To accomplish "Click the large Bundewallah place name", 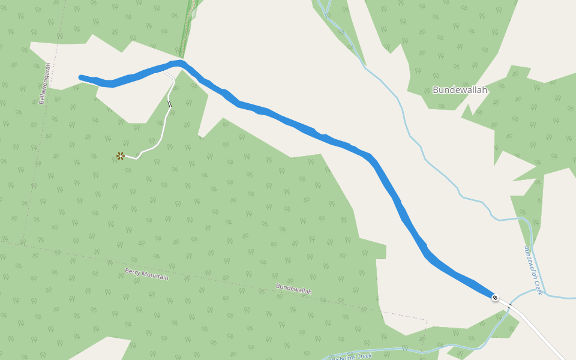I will click(x=460, y=90).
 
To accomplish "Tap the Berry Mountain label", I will click(x=147, y=275).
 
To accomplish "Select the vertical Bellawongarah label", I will click(x=43, y=84).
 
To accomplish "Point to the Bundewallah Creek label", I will click(x=533, y=270).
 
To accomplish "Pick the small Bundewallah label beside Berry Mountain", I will click(x=294, y=289).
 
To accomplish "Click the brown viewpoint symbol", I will click(x=121, y=156).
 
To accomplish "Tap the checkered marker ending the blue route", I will click(x=495, y=298).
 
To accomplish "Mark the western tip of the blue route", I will click(x=81, y=77).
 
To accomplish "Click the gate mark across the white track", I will click(x=169, y=104).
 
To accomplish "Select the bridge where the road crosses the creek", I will click(x=510, y=306).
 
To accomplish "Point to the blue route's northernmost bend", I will click(x=180, y=62).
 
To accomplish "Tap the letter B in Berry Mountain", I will click(x=127, y=271).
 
